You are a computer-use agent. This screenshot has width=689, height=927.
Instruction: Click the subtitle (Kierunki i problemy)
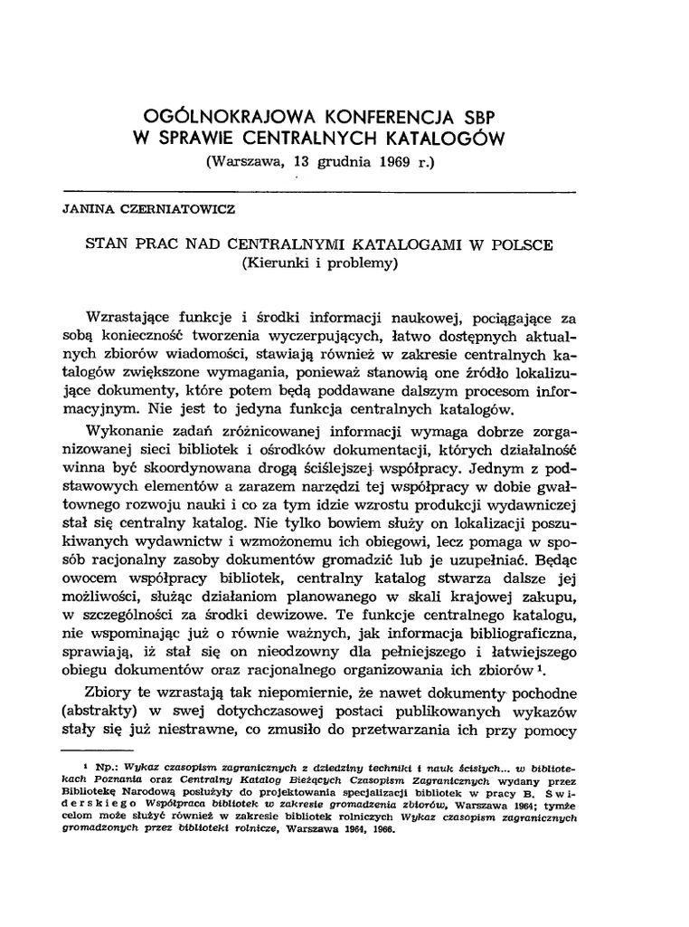click(319, 263)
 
